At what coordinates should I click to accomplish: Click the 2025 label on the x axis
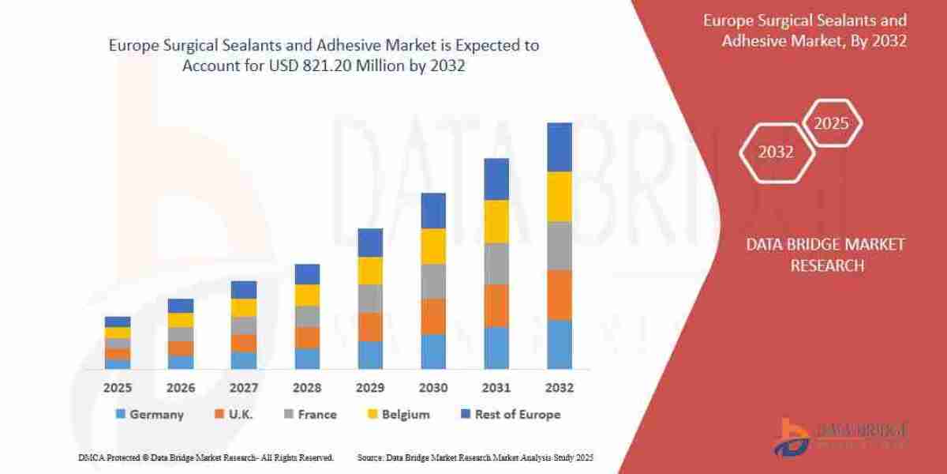[x=118, y=388]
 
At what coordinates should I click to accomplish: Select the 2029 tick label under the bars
[x=370, y=388]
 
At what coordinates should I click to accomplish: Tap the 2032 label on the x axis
[x=560, y=388]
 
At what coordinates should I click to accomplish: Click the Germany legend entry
[x=149, y=414]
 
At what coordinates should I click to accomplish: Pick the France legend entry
[x=309, y=414]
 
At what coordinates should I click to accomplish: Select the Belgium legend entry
[x=399, y=414]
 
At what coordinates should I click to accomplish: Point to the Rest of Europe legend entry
[x=510, y=414]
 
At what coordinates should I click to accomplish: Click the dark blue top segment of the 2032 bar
[x=560, y=147]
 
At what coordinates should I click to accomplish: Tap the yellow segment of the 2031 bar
[x=496, y=221]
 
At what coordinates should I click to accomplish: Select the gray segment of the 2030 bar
[x=433, y=281]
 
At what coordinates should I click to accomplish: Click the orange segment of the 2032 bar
[x=560, y=295]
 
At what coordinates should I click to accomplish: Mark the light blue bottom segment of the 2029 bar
[x=370, y=355]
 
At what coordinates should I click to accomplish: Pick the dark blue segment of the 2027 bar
[x=244, y=289]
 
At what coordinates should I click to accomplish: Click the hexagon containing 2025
[x=831, y=123]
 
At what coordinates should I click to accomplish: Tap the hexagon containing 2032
[x=776, y=152]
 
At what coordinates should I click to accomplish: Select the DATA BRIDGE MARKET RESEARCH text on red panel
[x=825, y=255]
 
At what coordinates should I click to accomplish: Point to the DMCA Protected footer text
[x=206, y=457]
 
